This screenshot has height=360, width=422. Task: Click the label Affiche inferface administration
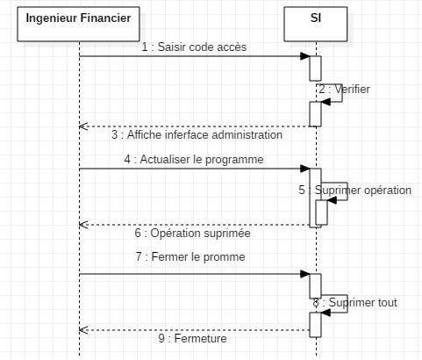pos(197,135)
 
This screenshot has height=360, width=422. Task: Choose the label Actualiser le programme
pos(194,159)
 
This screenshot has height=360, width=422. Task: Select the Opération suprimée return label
pos(192,234)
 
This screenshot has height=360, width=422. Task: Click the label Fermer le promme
pos(190,257)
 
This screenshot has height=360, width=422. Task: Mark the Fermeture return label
pos(191,338)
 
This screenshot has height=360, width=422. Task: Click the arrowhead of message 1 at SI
pos(305,56)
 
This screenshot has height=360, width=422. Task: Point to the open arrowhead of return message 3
pos(83,126)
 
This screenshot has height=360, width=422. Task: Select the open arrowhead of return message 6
pos(83,225)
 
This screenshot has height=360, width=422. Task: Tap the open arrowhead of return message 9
pos(83,329)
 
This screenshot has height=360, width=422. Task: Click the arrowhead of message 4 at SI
pos(305,168)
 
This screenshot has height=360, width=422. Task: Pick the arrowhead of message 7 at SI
pos(305,274)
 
